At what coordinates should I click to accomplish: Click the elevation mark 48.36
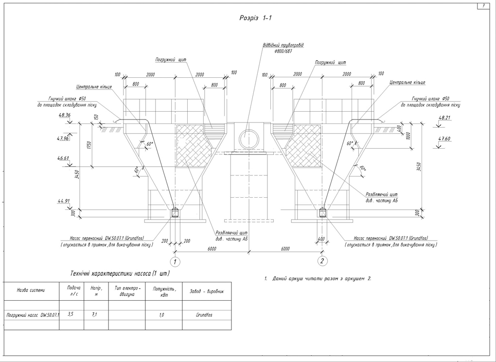pyautogui.click(x=64, y=115)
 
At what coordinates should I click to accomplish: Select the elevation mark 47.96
pyautogui.click(x=63, y=138)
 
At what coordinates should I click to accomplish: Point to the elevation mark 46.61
pyautogui.click(x=63, y=158)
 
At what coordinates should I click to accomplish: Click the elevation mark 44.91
pyautogui.click(x=64, y=201)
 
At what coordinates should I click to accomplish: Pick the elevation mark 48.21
pyautogui.click(x=444, y=118)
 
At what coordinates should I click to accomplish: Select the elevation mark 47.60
pyautogui.click(x=444, y=139)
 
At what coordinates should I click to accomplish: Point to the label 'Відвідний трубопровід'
pyautogui.click(x=283, y=45)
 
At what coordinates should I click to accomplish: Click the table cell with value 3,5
pyautogui.click(x=71, y=314)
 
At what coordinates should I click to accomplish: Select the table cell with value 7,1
pyautogui.click(x=94, y=314)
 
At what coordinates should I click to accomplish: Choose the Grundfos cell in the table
pyautogui.click(x=204, y=315)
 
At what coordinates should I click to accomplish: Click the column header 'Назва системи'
pyautogui.click(x=31, y=290)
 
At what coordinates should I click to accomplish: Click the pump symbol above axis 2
pyautogui.click(x=322, y=213)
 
